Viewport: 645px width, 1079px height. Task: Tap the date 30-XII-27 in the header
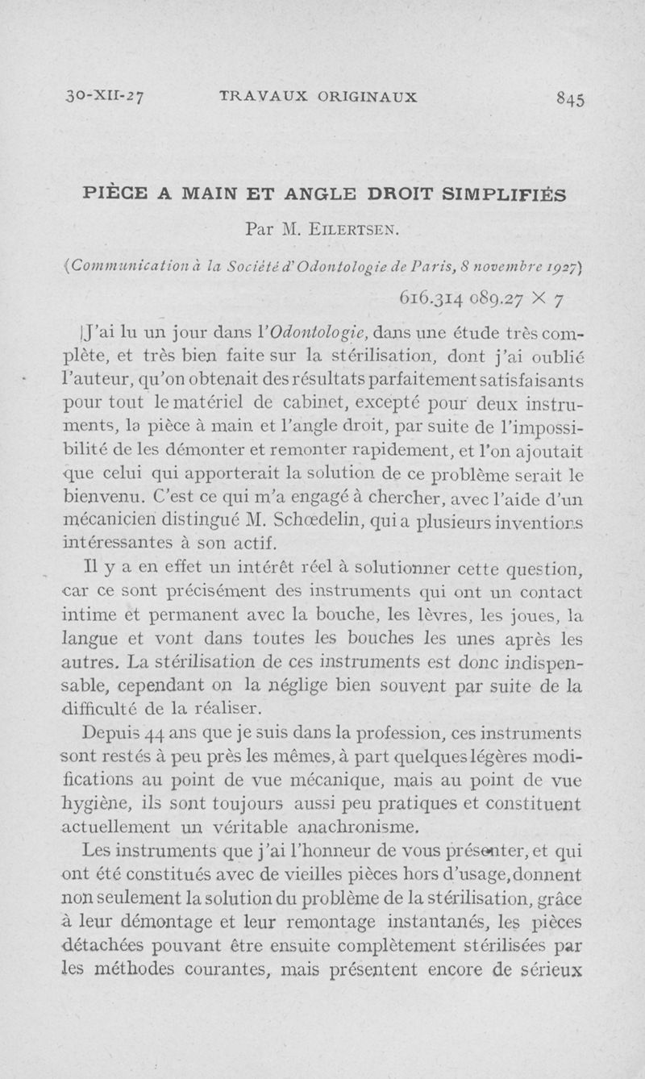point(106,98)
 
